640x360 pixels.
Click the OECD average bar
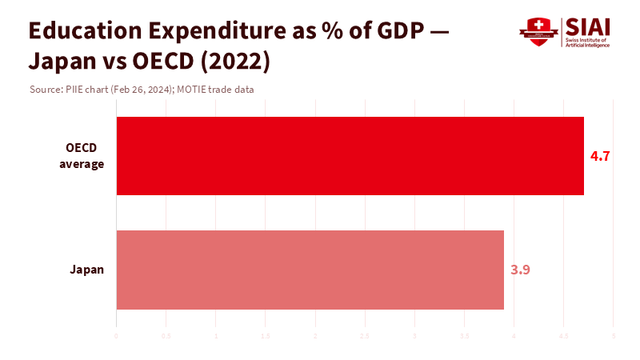click(x=350, y=156)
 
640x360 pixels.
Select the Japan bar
click(x=310, y=270)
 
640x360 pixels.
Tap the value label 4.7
click(x=600, y=156)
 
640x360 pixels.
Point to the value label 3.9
click(x=520, y=270)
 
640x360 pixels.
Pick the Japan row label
click(x=87, y=270)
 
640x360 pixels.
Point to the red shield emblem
click(x=538, y=31)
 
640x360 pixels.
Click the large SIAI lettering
click(x=589, y=26)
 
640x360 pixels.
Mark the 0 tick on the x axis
click(x=117, y=336)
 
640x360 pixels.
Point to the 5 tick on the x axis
click(x=613, y=336)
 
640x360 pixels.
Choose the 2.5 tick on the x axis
click(x=365, y=336)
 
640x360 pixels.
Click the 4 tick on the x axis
click(x=514, y=336)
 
